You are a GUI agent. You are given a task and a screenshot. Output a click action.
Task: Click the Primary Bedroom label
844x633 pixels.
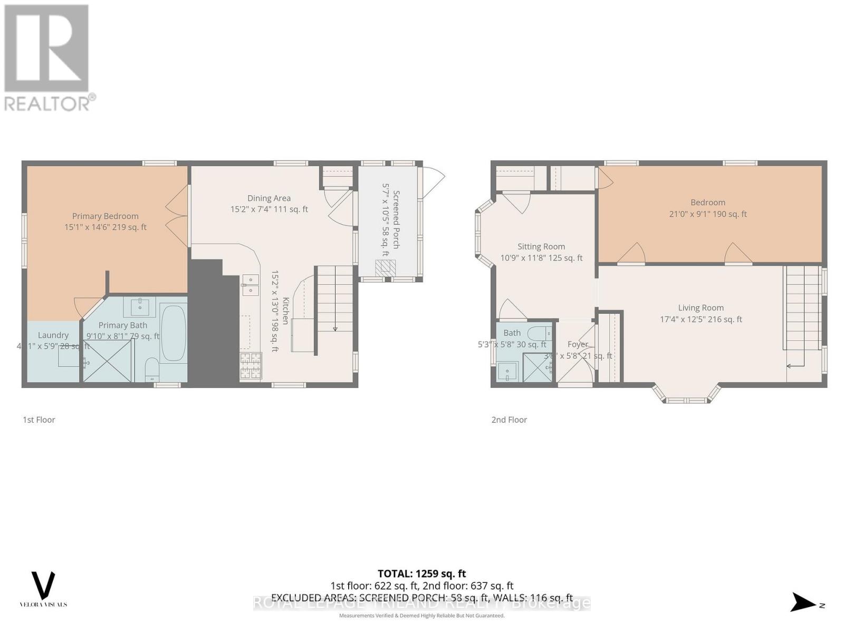[105, 216]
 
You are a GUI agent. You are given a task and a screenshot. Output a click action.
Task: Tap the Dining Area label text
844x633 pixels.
[269, 198]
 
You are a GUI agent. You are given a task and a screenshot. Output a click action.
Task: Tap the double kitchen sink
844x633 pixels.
[250, 285]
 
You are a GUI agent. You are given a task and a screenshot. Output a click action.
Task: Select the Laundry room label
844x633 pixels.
[53, 335]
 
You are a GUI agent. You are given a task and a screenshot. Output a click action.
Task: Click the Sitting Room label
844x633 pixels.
[541, 246]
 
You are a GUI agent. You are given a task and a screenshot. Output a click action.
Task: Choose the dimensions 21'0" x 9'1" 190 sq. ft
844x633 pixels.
[708, 214]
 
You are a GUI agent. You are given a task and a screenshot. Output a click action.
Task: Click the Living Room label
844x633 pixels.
[701, 308]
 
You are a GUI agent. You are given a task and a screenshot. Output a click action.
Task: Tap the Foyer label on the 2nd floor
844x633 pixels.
[578, 344]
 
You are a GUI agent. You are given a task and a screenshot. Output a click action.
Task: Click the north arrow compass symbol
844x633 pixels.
[804, 602]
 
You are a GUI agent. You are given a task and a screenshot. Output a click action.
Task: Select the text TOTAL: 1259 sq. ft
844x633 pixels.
[421, 573]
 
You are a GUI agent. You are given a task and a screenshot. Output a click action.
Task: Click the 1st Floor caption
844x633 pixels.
[39, 420]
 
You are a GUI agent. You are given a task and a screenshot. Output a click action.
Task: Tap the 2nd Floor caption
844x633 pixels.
[509, 420]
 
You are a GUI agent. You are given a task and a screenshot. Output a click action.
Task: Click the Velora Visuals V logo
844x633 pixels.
[44, 585]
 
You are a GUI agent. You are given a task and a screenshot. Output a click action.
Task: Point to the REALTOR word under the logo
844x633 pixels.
[47, 103]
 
